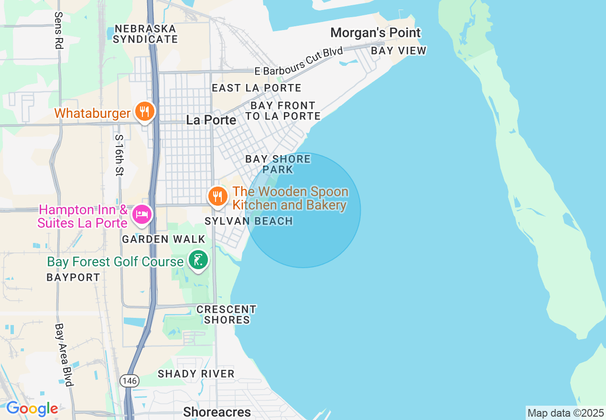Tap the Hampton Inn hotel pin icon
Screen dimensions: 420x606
click(142, 214)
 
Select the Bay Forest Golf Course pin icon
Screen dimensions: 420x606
click(198, 260)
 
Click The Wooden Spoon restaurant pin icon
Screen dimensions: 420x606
click(217, 196)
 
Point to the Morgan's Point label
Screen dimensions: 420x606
click(376, 33)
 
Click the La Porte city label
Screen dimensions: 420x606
click(211, 120)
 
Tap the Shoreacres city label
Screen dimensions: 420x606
click(217, 412)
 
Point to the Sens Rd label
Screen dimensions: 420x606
click(59, 31)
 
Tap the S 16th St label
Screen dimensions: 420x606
click(119, 155)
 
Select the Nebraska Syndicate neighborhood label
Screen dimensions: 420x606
click(145, 34)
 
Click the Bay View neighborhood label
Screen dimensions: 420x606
click(399, 51)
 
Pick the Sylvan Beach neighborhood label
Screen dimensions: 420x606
click(249, 221)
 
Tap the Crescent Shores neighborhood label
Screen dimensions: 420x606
click(227, 315)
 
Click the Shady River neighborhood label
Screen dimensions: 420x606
click(196, 374)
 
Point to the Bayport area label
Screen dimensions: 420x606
click(73, 277)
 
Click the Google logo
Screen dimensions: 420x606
click(32, 409)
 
